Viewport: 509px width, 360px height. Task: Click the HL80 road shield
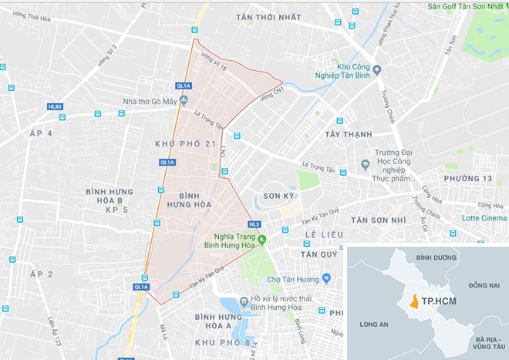pyautogui.click(x=55, y=106)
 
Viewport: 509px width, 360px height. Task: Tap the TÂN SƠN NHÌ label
pyautogui.click(x=380, y=220)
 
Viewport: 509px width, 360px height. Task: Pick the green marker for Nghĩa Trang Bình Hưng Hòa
pyautogui.click(x=261, y=238)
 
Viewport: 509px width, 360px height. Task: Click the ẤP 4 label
pyautogui.click(x=40, y=133)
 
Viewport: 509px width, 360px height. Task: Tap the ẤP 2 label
pyautogui.click(x=40, y=274)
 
